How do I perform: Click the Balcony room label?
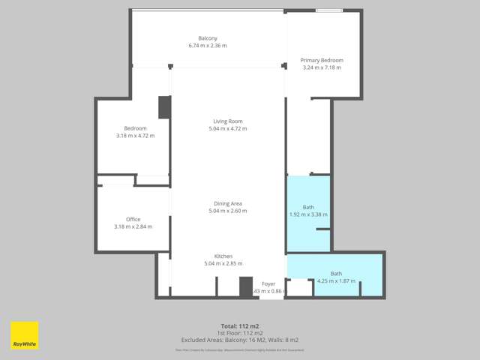[208, 38]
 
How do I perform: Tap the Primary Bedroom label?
[321, 60]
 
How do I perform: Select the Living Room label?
[227, 121]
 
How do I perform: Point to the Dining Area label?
[227, 203]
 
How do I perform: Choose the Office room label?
[133, 219]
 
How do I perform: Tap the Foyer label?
[268, 283]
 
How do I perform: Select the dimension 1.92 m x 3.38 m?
[308, 214]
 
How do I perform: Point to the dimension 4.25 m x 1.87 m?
[336, 281]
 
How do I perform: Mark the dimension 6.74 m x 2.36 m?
[208, 46]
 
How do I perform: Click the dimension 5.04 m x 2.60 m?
[227, 211]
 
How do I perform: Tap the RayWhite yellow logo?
[24, 335]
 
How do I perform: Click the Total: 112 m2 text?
[239, 325]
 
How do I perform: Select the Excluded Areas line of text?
[239, 339]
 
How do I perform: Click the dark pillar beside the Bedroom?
[164, 107]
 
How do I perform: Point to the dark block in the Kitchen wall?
[245, 287]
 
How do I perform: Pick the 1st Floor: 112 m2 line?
[239, 332]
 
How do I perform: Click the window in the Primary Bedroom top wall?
[329, 10]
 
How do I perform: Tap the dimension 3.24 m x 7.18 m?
[321, 67]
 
